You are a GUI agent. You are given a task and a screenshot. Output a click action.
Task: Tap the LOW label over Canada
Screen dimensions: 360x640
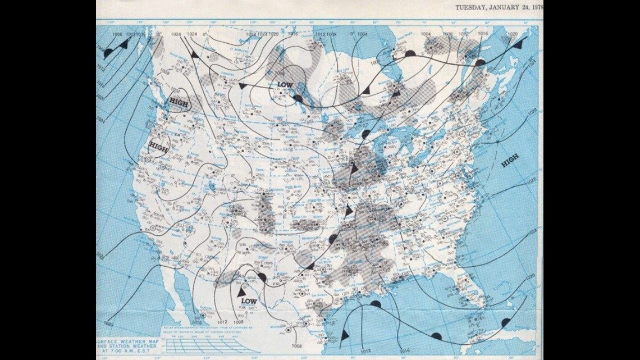click(x=285, y=84)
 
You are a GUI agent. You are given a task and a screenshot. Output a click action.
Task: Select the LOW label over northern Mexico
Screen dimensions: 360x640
click(x=248, y=301)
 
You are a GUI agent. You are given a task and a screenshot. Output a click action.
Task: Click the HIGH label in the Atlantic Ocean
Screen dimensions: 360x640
click(x=510, y=161)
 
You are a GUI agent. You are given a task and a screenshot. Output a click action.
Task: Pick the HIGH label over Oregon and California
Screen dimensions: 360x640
click(x=159, y=146)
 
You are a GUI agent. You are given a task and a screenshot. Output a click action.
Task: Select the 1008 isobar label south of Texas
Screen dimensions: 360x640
click(x=297, y=347)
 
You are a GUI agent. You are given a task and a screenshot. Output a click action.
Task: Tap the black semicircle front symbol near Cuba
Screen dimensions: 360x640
click(x=505, y=322)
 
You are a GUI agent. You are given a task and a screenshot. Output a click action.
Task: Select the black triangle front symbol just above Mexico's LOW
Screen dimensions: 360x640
click(x=241, y=292)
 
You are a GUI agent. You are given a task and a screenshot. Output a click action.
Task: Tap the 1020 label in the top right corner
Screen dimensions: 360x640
click(x=512, y=34)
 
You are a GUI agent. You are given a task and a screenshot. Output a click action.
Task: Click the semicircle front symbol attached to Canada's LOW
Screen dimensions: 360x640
click(x=298, y=98)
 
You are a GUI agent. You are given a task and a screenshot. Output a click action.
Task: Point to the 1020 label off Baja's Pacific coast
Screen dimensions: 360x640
click(x=108, y=325)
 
